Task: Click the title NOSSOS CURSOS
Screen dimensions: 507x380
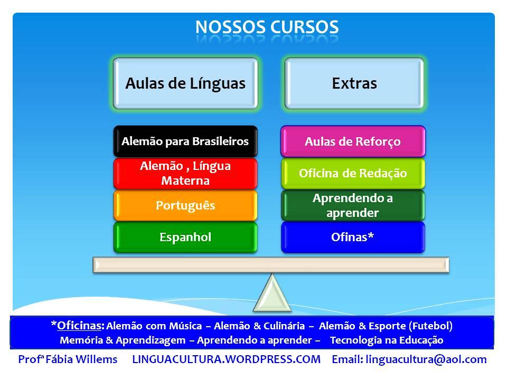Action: tap(267, 27)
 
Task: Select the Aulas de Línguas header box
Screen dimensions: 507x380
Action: tap(185, 83)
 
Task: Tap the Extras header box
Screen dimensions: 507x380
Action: tap(354, 83)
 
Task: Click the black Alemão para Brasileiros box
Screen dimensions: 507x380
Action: tap(185, 141)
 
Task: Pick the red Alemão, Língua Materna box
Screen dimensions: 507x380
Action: tap(185, 173)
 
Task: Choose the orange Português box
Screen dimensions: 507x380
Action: tap(185, 205)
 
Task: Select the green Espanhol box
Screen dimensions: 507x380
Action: tap(185, 237)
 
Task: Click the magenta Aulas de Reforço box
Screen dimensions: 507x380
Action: tap(353, 141)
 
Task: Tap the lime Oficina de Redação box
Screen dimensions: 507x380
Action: tap(353, 173)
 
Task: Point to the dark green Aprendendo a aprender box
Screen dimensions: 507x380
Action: tap(353, 205)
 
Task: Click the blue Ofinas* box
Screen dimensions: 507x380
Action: tap(353, 237)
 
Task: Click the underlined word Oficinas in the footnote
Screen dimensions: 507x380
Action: tap(79, 326)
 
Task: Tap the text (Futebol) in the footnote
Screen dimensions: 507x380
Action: tap(430, 326)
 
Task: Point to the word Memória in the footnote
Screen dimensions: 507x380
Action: tap(81, 340)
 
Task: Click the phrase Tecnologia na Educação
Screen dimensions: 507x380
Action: tap(387, 340)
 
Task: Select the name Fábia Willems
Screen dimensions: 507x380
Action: tap(81, 359)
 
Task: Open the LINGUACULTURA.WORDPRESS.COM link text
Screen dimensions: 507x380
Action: tap(227, 359)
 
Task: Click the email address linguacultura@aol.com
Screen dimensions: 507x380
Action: tap(426, 359)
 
